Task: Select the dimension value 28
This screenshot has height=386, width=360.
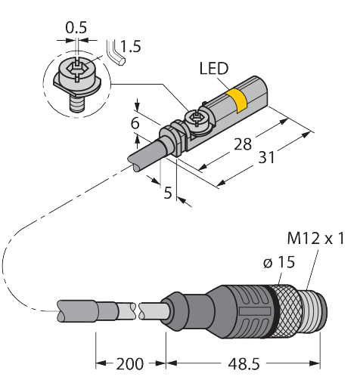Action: coord(244,144)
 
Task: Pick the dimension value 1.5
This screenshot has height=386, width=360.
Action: coord(130,46)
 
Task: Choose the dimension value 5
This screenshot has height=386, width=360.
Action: coord(169,192)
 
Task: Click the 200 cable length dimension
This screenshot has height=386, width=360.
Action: coord(130,366)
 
